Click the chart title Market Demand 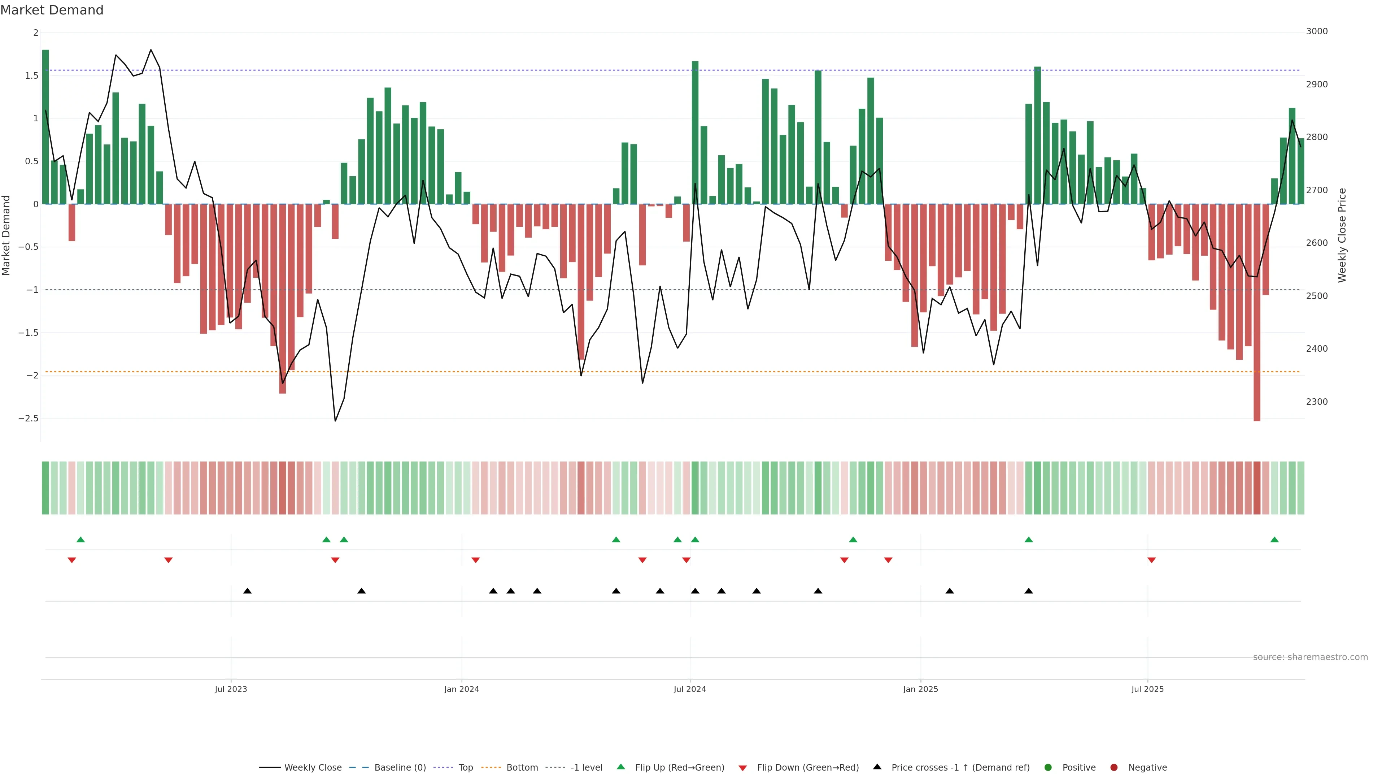tap(52, 10)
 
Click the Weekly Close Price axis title tap(1342, 235)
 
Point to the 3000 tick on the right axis tap(1317, 31)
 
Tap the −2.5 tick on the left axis tap(28, 418)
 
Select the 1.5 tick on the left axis tap(32, 75)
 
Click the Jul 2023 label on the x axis tap(231, 689)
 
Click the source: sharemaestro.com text tap(1310, 657)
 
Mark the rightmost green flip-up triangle tap(1274, 540)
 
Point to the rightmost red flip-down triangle tap(1151, 560)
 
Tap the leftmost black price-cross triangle tap(248, 591)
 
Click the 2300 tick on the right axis tap(1317, 402)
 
